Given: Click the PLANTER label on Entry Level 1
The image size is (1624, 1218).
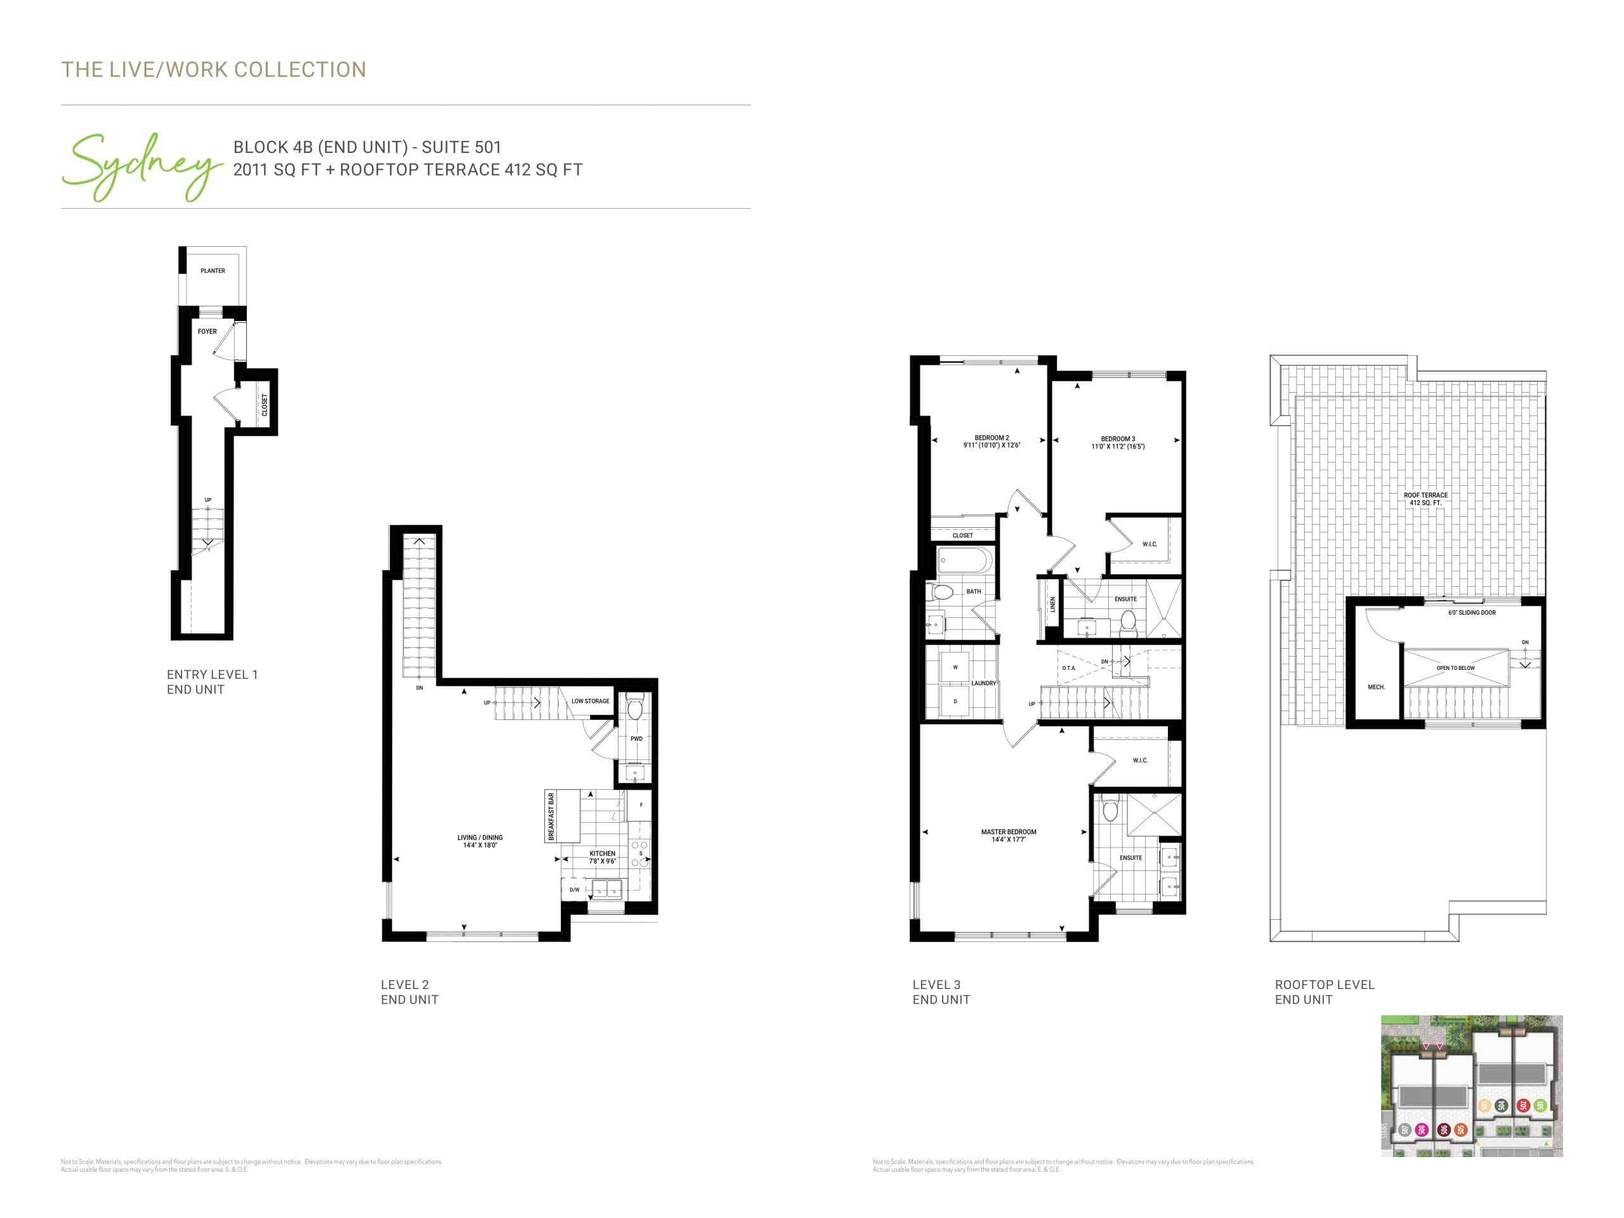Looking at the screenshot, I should tap(213, 271).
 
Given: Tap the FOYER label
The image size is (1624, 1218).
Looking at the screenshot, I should tap(207, 331).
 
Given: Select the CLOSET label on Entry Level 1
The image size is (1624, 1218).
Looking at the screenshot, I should tap(265, 405).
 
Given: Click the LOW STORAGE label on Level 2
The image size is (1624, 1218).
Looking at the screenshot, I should tap(590, 701).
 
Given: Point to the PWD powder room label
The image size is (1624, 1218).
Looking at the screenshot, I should tap(636, 738).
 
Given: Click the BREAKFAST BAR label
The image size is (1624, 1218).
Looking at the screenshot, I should tap(551, 816).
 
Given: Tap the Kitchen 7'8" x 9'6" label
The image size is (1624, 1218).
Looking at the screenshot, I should tap(602, 857).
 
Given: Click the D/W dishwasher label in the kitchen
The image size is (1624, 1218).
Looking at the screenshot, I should tap(574, 890).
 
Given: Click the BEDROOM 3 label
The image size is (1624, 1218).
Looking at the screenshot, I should tap(1117, 443).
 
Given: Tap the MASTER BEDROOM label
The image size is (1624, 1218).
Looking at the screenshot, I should tap(1008, 835).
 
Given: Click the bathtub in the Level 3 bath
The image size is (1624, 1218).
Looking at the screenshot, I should tap(965, 561).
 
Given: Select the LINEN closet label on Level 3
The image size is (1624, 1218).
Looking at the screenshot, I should tap(1052, 604).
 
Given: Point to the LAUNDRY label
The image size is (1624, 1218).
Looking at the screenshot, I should tap(984, 683).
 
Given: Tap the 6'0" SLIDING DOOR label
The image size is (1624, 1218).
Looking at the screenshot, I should tap(1471, 612).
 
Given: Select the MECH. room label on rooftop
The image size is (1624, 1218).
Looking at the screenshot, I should tap(1376, 687).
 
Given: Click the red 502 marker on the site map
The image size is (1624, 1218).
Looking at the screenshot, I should tap(1523, 1106).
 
